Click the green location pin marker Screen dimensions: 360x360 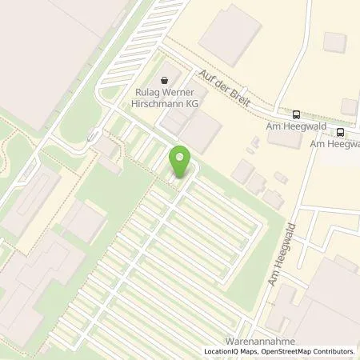(180, 163)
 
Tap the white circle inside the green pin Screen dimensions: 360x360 (180, 160)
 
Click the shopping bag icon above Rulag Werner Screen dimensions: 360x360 (165, 80)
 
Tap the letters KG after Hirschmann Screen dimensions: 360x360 (190, 102)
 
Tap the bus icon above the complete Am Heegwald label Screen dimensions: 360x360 (297, 114)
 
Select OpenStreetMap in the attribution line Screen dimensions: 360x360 (284, 351)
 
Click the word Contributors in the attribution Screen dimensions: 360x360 (333, 351)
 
